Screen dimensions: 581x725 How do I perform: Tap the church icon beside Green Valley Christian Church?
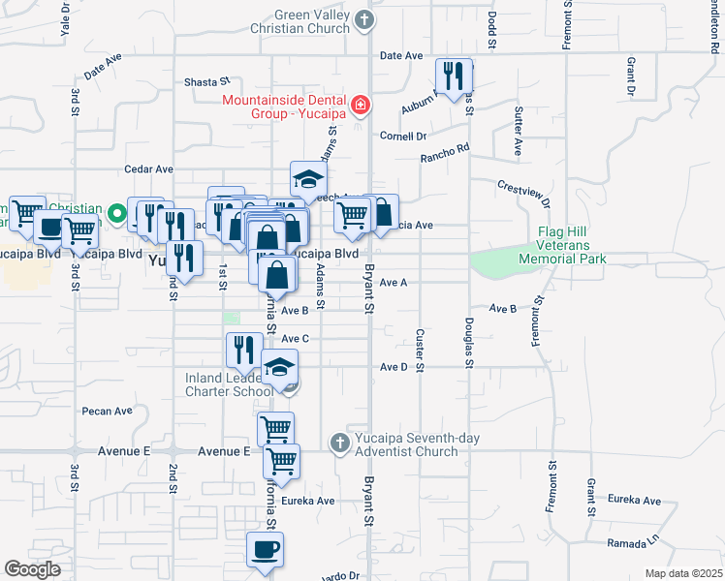[x=364, y=19]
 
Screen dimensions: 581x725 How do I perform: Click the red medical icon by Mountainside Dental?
[x=361, y=104]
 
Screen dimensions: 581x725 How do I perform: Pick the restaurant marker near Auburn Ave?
[x=453, y=76]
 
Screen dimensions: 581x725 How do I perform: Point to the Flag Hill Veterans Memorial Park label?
[x=576, y=245]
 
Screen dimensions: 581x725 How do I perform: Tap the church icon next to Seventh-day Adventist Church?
[x=339, y=443]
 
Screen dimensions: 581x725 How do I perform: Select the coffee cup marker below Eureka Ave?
[x=265, y=550]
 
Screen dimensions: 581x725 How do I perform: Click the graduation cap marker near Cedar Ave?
[x=308, y=179]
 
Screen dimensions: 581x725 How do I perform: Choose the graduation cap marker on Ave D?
[x=279, y=369]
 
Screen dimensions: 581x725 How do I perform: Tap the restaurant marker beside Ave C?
[x=244, y=352]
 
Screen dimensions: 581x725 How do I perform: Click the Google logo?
[x=32, y=569]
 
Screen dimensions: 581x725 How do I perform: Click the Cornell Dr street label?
[x=403, y=137]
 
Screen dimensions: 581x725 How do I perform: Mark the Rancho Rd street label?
[x=444, y=154]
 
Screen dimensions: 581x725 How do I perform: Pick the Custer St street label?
[x=420, y=350]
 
